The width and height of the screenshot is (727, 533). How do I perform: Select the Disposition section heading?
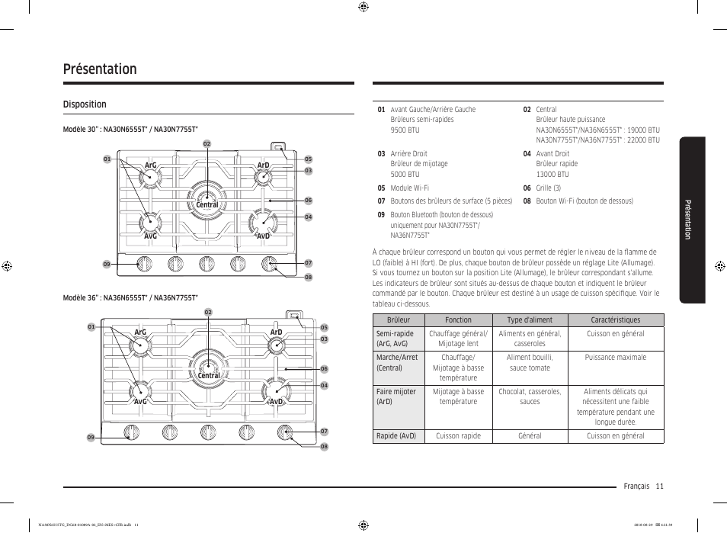point(85,104)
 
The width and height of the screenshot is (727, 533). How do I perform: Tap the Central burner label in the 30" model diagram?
point(207,205)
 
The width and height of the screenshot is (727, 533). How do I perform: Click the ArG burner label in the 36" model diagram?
point(140,332)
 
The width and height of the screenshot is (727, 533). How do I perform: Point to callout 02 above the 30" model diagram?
point(207,144)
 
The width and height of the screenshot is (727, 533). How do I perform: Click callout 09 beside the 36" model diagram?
point(91,438)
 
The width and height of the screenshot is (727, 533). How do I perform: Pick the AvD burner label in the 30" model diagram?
point(264,236)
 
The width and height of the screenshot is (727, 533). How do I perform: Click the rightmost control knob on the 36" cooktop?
point(286,432)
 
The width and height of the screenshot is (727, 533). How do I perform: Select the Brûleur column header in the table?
point(398,320)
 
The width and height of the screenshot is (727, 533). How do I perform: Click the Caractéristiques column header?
point(615,320)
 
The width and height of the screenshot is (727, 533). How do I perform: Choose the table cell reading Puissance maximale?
point(615,358)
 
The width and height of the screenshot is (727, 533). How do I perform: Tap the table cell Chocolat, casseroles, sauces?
point(529,397)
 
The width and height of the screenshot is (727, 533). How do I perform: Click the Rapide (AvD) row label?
point(396,436)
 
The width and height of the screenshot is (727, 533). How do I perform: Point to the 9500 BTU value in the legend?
point(405,130)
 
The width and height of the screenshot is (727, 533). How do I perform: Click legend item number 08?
point(527,201)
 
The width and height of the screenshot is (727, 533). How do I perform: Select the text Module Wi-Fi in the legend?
point(409,188)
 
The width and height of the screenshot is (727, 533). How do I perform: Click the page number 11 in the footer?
point(659,486)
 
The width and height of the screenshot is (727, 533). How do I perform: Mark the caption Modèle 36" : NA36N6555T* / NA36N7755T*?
point(130,298)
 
